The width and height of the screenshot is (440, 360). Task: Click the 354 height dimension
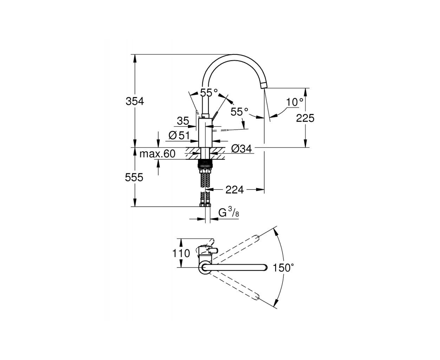(135, 102)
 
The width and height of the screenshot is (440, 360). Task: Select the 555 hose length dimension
(134, 178)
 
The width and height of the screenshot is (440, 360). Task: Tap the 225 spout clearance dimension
(305, 118)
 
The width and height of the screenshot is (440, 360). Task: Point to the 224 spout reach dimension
(234, 190)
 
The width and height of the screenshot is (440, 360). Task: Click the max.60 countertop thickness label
(157, 154)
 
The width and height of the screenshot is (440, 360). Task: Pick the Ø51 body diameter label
(179, 135)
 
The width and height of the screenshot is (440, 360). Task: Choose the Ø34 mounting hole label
(241, 149)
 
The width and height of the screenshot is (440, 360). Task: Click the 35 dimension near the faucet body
(183, 121)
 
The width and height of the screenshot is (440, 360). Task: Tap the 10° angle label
(295, 102)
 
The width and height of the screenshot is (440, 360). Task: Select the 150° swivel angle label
(283, 268)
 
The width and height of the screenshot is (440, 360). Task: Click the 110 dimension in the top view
(181, 253)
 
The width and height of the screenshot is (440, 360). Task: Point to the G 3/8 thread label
(229, 213)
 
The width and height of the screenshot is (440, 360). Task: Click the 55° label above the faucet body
(209, 92)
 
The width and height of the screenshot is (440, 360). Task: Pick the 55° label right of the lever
(239, 112)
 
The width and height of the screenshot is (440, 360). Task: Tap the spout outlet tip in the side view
(264, 85)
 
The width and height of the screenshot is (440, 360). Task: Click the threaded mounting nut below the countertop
(205, 163)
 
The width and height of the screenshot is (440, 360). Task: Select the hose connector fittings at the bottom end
(205, 205)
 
